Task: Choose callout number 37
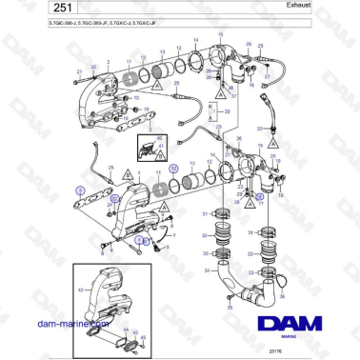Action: pos(233,95)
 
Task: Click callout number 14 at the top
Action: pos(196,40)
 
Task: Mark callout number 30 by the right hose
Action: pos(258,128)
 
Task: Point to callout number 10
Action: pos(128,97)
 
